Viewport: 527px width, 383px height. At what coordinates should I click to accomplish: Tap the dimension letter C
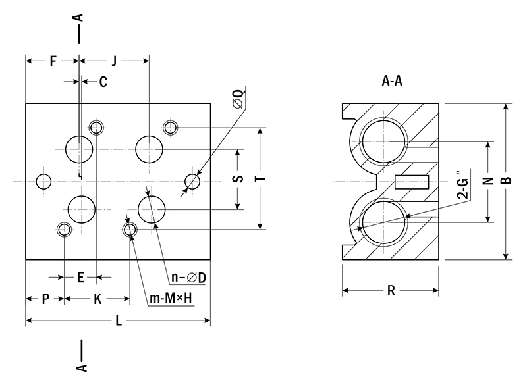(x=103, y=82)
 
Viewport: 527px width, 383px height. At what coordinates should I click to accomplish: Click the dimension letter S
(x=239, y=179)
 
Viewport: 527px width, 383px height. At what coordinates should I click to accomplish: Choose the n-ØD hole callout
(x=188, y=278)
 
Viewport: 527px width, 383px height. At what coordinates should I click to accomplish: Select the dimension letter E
(x=80, y=278)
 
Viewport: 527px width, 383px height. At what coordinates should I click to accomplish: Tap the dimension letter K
(x=96, y=299)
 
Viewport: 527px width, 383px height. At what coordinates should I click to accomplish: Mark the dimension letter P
(x=45, y=299)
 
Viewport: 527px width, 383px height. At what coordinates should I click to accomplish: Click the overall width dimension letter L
(x=118, y=321)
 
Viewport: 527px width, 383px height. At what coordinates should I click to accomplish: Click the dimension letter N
(x=488, y=182)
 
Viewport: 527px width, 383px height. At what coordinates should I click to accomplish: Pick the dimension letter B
(x=506, y=182)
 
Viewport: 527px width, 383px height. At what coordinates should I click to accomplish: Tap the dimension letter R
(x=391, y=291)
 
